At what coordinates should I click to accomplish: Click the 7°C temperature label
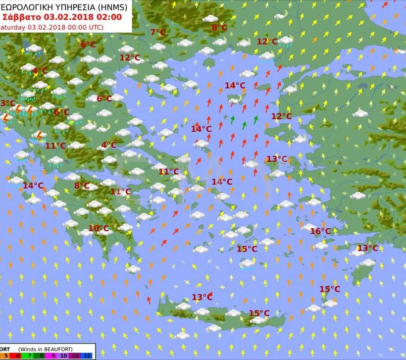click(x=158, y=33)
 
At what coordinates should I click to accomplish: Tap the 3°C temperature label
click(x=7, y=103)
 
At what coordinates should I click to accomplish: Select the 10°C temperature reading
click(x=99, y=228)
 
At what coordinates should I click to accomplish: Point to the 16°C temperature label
click(x=320, y=231)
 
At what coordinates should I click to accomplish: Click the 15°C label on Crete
click(x=259, y=313)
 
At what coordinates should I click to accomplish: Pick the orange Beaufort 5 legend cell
click(x=6, y=356)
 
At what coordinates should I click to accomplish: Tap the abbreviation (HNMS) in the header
click(x=111, y=7)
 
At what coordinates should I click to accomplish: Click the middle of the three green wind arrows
click(x=244, y=125)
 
